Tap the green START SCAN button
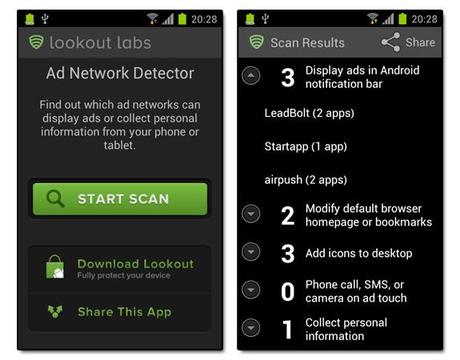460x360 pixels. (120, 199)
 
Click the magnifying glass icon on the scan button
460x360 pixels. (55, 199)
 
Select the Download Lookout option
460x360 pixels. (135, 264)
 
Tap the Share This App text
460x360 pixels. (124, 312)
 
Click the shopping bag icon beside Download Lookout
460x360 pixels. (55, 267)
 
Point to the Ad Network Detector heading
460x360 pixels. (120, 73)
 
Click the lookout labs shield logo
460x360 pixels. (36, 42)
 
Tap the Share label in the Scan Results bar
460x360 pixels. (420, 43)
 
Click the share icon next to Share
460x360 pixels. (391, 42)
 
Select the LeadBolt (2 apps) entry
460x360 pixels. (309, 113)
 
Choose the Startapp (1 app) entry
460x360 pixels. (306, 147)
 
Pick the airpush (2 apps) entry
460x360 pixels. (306, 180)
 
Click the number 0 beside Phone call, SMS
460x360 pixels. (288, 292)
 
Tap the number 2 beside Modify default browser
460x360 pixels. (288, 216)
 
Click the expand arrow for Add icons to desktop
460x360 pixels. (251, 252)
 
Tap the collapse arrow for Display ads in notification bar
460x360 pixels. (251, 75)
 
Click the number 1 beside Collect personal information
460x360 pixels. (287, 330)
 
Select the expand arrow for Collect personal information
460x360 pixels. (251, 328)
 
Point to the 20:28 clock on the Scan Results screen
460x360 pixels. (424, 19)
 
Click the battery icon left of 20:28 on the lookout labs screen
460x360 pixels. (182, 19)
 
